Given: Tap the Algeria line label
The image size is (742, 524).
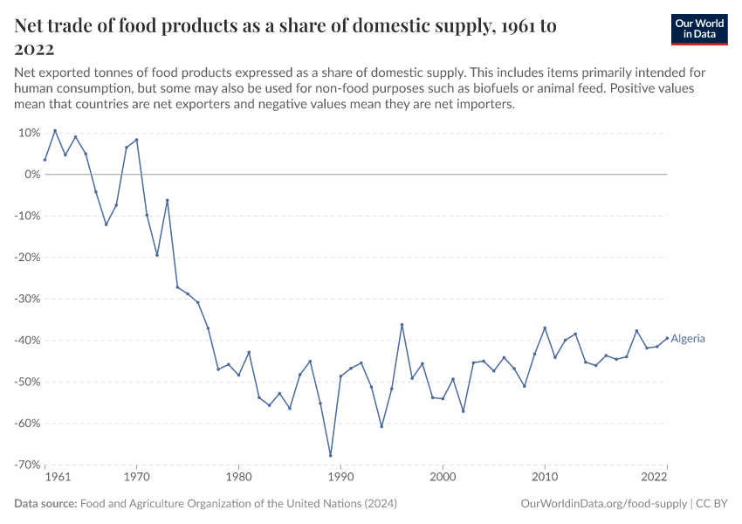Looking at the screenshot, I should pyautogui.click(x=688, y=339).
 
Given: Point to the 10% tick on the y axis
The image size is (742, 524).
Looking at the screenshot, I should pyautogui.click(x=29, y=133).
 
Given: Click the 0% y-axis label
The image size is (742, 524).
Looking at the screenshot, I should pyautogui.click(x=31, y=175).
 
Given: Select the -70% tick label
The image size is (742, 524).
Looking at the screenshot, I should pyautogui.click(x=26, y=465).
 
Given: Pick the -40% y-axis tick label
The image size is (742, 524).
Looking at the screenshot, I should pyautogui.click(x=26, y=341).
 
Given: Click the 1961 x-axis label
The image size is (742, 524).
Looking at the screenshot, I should pyautogui.click(x=57, y=478).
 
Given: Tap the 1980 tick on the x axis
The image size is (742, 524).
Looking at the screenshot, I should pyautogui.click(x=238, y=478).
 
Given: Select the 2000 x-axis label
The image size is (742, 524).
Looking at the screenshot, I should pyautogui.click(x=443, y=478).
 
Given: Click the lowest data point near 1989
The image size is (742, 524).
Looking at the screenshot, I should pyautogui.click(x=331, y=455).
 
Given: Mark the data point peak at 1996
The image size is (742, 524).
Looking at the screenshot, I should pyautogui.click(x=402, y=325).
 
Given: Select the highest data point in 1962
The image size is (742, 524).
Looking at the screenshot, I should pyautogui.click(x=55, y=131).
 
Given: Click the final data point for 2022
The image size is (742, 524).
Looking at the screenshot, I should pyautogui.click(x=668, y=338).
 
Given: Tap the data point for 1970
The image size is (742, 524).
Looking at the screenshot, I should pyautogui.click(x=136, y=140).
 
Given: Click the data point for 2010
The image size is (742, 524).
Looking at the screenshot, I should pyautogui.click(x=545, y=327).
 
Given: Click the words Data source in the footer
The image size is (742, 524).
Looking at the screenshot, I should pyautogui.click(x=45, y=504).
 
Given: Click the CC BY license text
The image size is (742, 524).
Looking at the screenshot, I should pyautogui.click(x=711, y=504).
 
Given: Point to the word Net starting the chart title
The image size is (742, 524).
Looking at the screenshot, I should pyautogui.click(x=31, y=26).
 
